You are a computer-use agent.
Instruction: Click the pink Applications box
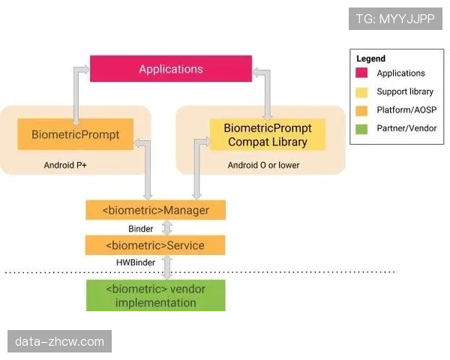(x=170, y=69)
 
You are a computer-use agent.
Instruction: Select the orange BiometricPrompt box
(x=75, y=135)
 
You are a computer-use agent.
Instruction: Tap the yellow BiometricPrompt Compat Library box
(x=267, y=135)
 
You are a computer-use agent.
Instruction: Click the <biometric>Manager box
(x=155, y=210)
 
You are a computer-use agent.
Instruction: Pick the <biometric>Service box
(x=155, y=245)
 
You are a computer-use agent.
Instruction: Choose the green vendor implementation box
(x=155, y=295)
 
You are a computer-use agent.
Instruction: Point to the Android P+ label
(x=65, y=164)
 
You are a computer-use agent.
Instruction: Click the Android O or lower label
(x=263, y=164)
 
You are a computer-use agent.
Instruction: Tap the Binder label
(x=140, y=228)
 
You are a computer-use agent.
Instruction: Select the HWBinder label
(x=135, y=262)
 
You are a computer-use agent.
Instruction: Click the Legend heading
(x=370, y=58)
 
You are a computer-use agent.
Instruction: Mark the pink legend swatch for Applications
(x=362, y=73)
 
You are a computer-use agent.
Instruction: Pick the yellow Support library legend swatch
(x=362, y=91)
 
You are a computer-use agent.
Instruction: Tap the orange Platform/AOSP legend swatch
(x=362, y=109)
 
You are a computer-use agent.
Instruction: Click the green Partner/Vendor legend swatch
(x=362, y=127)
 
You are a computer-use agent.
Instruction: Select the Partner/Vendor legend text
(x=406, y=127)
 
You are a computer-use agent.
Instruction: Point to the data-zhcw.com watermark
(x=60, y=341)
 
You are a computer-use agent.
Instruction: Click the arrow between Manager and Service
(x=168, y=228)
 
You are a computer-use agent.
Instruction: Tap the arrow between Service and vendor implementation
(x=168, y=267)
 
